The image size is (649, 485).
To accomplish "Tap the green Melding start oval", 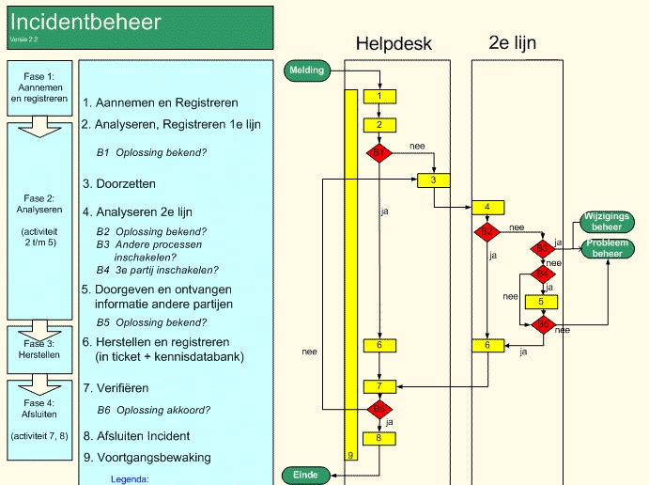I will pyautogui.click(x=307, y=70).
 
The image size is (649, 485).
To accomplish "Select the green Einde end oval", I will pyautogui.click(x=306, y=475).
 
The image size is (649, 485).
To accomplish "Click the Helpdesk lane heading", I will pyautogui.click(x=394, y=44).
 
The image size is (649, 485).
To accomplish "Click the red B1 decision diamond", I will pyautogui.click(x=379, y=152).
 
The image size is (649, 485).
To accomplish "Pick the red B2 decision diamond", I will pyautogui.click(x=487, y=231).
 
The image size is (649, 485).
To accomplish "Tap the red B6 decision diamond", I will pyautogui.click(x=379, y=409).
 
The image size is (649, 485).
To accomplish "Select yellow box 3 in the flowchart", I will pyautogui.click(x=434, y=180).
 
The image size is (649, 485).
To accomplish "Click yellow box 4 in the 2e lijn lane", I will pyautogui.click(x=488, y=208).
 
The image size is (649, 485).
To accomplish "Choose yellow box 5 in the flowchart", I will pyautogui.click(x=542, y=302).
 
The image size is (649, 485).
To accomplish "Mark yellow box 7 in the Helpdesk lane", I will pyautogui.click(x=379, y=385).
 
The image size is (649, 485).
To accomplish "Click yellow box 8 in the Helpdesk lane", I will pyautogui.click(x=379, y=437).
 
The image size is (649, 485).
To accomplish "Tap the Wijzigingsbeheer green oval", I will pyautogui.click(x=607, y=222).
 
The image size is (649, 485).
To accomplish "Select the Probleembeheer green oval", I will pyautogui.click(x=607, y=248).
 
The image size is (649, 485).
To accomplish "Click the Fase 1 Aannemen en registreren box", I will pyautogui.click(x=38, y=86).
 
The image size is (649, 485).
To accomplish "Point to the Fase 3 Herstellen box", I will pyautogui.click(x=38, y=349).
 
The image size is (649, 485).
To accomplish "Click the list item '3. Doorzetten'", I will pyautogui.click(x=119, y=184).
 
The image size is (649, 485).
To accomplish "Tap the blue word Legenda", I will pyautogui.click(x=130, y=479).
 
